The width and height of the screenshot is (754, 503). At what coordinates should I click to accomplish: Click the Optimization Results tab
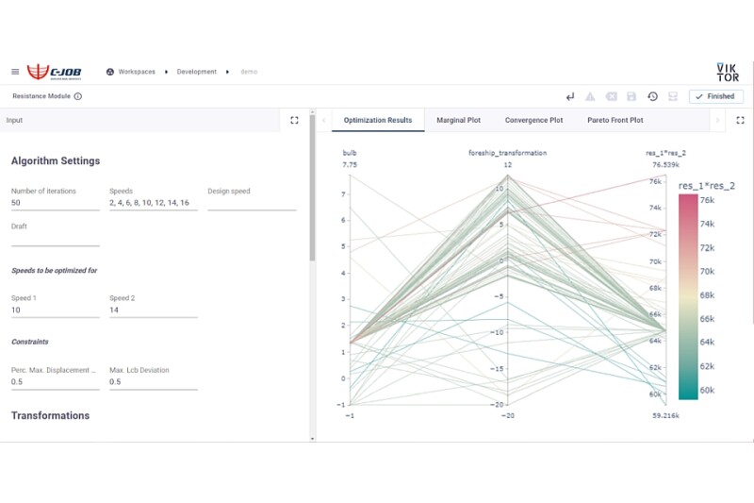pos(377,121)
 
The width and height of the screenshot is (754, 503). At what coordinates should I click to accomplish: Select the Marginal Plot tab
pos(458,121)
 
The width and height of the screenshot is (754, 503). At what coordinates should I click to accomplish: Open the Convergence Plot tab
pos(533,121)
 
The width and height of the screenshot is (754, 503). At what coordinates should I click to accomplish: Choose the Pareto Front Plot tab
pos(615,121)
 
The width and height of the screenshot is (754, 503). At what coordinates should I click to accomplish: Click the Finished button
pos(716,96)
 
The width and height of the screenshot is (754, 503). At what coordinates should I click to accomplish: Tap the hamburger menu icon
pos(15,72)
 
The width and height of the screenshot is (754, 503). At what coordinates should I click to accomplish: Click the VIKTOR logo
pos(727,72)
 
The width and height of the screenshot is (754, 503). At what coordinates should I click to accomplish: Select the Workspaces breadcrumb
pos(136,72)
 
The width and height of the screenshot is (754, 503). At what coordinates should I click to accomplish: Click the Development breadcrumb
pos(196,72)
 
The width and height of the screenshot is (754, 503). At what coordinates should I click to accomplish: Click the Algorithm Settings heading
pos(56,161)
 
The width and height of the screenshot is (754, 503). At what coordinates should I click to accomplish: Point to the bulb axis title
pos(350,153)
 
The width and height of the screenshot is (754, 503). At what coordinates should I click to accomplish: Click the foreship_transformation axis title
pos(507,153)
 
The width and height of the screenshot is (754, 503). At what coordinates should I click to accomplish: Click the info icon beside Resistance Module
pos(77,96)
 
